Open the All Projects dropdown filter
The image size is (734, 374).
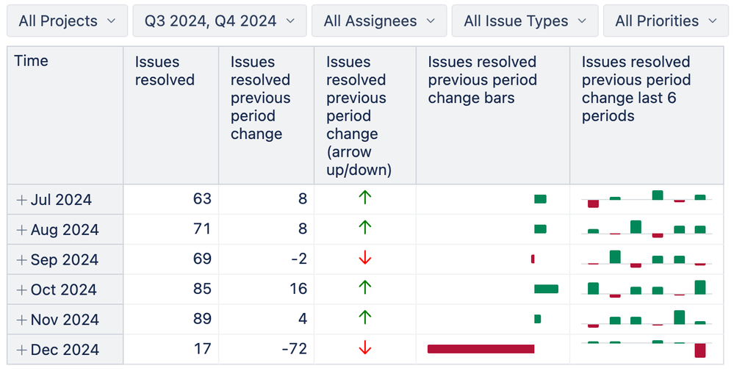[x=67, y=21]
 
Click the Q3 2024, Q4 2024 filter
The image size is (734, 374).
[x=219, y=21]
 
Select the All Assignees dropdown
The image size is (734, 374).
[x=378, y=21]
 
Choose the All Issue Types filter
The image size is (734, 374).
[x=525, y=21]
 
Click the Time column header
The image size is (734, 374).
[x=32, y=61]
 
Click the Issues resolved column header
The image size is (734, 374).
[x=165, y=71]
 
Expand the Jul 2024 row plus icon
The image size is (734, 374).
[x=21, y=200]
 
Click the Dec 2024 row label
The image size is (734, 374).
[x=65, y=350]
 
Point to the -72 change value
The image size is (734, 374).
[x=294, y=349]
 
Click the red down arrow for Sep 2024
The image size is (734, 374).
[x=364, y=259]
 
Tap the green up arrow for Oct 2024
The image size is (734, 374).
[x=364, y=289]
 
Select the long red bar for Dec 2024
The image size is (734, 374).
[x=481, y=349]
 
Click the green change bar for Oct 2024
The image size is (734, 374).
[x=546, y=289]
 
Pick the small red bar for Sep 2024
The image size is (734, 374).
[x=533, y=259]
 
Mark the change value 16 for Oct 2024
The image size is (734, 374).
[x=298, y=289]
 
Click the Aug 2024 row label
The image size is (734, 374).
[x=65, y=230]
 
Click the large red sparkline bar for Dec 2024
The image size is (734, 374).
[x=699, y=350]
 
